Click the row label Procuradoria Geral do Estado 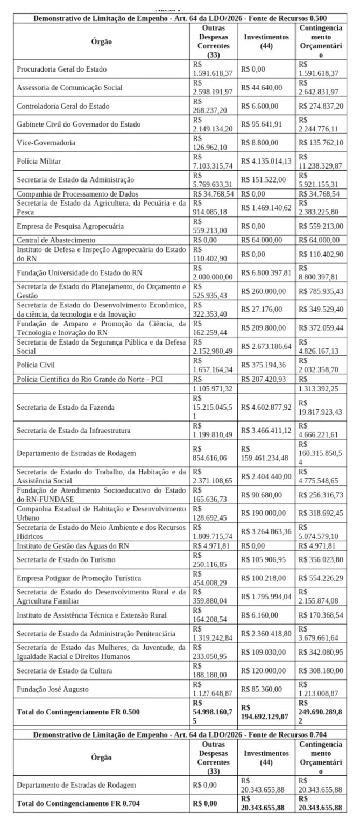click(61, 69)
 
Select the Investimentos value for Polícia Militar click(267, 161)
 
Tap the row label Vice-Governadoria click(46, 143)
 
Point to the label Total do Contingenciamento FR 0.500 click(78, 711)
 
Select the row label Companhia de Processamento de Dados click(77, 193)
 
